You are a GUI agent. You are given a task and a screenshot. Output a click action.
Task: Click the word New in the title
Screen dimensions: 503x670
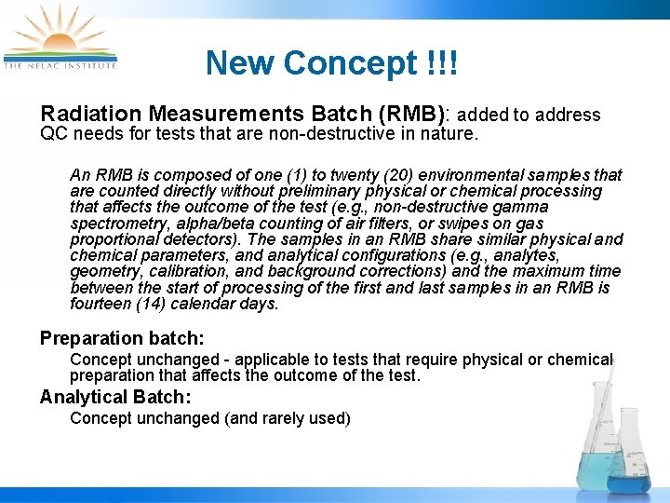[x=241, y=63]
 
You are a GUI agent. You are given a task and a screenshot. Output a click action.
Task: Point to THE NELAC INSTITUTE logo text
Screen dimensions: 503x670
[x=60, y=66]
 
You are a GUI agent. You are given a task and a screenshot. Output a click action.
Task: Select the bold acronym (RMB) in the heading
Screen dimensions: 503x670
[x=410, y=114]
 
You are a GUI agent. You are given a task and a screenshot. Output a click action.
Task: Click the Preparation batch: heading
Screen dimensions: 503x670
[x=122, y=338]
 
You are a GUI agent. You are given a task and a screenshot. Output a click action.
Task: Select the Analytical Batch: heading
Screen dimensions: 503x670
[x=116, y=397]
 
